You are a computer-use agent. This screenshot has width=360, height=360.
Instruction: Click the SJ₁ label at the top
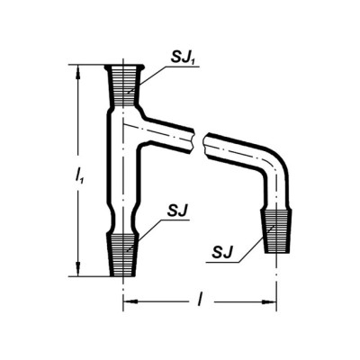pos(183,58)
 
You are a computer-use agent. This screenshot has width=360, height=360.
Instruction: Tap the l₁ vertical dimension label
pos(79,176)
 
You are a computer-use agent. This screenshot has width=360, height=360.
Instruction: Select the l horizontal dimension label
pos(199,301)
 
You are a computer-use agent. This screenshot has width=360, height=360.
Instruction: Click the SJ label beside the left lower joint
pos(177,211)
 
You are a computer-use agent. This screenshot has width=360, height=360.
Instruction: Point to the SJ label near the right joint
pos(222,252)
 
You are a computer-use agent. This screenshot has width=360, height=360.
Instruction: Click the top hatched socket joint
pos(123,86)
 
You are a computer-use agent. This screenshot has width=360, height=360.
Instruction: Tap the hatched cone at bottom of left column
pos(123,256)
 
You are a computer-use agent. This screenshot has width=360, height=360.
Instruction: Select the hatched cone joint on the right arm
pos(276,231)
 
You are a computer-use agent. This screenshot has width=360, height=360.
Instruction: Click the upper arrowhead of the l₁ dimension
pos(78,72)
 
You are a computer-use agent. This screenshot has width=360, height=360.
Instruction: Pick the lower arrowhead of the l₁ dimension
pos(78,269)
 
